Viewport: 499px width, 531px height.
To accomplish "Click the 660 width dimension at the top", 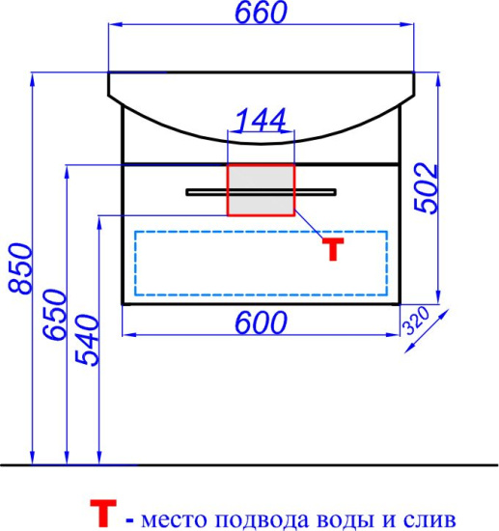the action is pos(261,13).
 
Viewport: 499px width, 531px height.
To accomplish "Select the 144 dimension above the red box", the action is pos(261,120).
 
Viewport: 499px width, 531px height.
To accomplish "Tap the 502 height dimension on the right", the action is pos(427,188).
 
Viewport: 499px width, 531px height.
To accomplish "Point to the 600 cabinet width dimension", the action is pos(261,322).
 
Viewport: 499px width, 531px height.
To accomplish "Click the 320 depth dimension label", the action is pos(416,320).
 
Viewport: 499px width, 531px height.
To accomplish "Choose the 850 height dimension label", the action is pos(20,268).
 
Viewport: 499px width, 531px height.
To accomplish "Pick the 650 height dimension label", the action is pos(55,315).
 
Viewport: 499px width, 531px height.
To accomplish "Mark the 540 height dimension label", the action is pos(87,341).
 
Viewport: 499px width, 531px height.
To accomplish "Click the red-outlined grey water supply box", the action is pos(261,189).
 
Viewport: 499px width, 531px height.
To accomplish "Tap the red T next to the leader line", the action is pos(333,249).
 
